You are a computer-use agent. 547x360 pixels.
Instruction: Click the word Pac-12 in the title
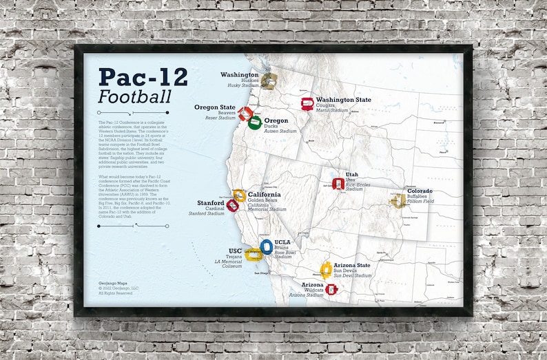tap(143, 76)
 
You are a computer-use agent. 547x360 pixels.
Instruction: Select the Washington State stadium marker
tap(307, 103)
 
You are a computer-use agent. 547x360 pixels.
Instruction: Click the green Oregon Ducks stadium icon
tap(255, 123)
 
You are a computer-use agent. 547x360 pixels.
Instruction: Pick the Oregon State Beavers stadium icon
tap(245, 114)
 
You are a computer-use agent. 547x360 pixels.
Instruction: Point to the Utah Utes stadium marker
tap(338, 183)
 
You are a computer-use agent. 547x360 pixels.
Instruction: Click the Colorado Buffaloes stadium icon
tap(398, 200)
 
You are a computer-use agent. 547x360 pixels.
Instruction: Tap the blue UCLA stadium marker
tap(267, 246)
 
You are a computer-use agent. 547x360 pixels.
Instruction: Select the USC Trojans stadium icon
tap(254, 255)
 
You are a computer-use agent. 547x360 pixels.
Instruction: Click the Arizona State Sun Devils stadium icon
tap(326, 269)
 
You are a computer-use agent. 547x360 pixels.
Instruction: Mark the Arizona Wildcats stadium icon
tap(332, 290)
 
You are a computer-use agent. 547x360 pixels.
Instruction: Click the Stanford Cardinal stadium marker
tap(233, 205)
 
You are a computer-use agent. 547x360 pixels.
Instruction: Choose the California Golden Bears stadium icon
tap(239, 195)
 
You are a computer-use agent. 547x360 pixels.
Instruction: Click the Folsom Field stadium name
tap(420, 202)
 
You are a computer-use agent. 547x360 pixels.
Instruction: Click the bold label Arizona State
tap(352, 265)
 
